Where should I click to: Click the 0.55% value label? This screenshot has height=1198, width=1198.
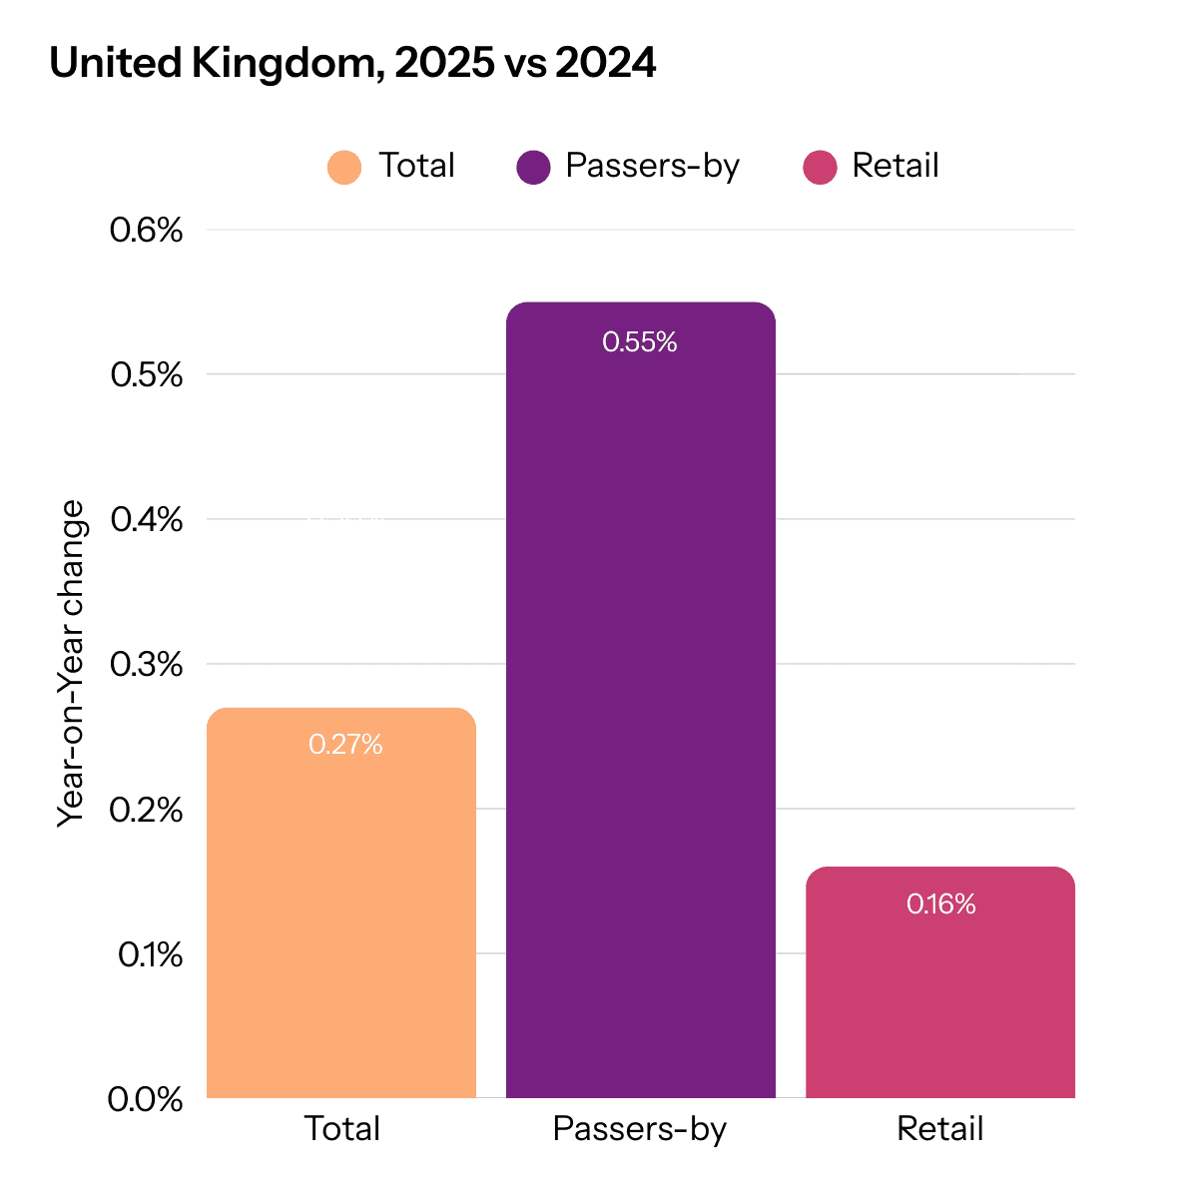pyautogui.click(x=640, y=342)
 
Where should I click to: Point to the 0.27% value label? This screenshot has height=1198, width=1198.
pyautogui.click(x=345, y=745)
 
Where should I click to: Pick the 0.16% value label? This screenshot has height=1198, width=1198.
pyautogui.click(x=940, y=904)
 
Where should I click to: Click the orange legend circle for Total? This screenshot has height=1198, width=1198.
pyautogui.click(x=344, y=167)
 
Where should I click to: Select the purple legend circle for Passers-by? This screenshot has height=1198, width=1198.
pyautogui.click(x=533, y=167)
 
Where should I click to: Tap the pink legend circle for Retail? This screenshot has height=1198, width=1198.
pyautogui.click(x=820, y=167)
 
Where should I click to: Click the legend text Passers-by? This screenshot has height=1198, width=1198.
pyautogui.click(x=652, y=166)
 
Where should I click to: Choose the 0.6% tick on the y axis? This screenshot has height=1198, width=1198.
pyautogui.click(x=147, y=231)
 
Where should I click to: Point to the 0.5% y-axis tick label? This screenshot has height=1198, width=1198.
pyautogui.click(x=147, y=375)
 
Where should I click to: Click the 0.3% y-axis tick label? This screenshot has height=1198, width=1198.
pyautogui.click(x=147, y=665)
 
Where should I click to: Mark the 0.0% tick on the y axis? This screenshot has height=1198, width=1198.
pyautogui.click(x=146, y=1099)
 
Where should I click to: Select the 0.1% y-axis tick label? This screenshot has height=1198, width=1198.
pyautogui.click(x=150, y=954)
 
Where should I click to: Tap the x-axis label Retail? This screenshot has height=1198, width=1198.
pyautogui.click(x=940, y=1129)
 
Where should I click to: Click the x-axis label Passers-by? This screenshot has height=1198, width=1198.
pyautogui.click(x=640, y=1129)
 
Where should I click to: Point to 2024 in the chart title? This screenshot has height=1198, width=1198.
pyautogui.click(x=606, y=63)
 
